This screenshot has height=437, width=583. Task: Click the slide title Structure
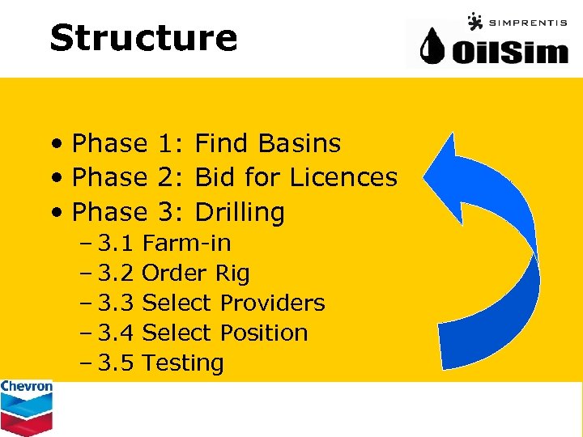(x=143, y=37)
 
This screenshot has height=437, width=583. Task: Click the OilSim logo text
(x=509, y=51)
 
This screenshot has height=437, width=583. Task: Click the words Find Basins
(x=268, y=143)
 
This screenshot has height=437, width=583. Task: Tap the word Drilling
(x=240, y=212)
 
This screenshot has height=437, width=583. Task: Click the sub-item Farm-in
(x=186, y=243)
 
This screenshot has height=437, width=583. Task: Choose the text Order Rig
(x=195, y=273)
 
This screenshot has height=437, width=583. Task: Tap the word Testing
(x=183, y=363)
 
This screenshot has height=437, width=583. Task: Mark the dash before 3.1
(x=86, y=243)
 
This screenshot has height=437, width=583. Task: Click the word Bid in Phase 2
(x=214, y=177)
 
